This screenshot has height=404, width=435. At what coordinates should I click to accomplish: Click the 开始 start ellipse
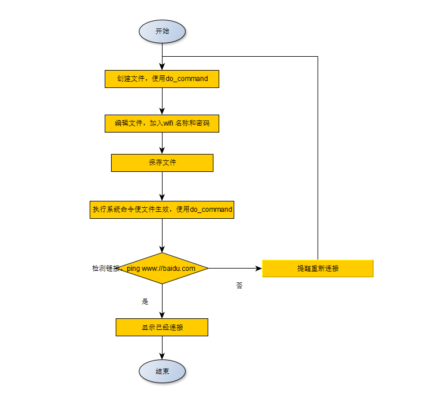tap(162, 31)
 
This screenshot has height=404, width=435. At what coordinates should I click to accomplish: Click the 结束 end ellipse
tap(162, 371)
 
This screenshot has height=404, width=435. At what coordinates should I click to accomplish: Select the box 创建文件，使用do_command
tap(162, 79)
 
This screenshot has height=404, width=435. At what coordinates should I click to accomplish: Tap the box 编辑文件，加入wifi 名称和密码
tap(162, 123)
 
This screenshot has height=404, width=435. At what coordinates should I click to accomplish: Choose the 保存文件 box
tap(162, 163)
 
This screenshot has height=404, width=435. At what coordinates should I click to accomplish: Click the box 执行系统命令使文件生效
tap(162, 209)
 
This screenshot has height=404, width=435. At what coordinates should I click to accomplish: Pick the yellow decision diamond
tap(162, 269)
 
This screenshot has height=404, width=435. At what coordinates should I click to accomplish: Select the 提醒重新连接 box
tap(318, 269)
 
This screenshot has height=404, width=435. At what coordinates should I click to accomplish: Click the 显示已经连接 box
tap(162, 328)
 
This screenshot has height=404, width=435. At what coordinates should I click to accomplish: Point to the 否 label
tap(239, 286)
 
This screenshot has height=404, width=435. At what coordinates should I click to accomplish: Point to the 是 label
tap(145, 302)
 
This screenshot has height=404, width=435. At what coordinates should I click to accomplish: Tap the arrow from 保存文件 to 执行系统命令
tap(162, 185)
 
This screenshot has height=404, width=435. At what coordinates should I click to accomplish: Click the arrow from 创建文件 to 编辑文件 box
tap(162, 101)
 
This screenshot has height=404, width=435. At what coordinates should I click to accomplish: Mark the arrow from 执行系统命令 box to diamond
tap(162, 235)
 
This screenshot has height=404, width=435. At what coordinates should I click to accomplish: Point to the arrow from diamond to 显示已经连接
tap(162, 301)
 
